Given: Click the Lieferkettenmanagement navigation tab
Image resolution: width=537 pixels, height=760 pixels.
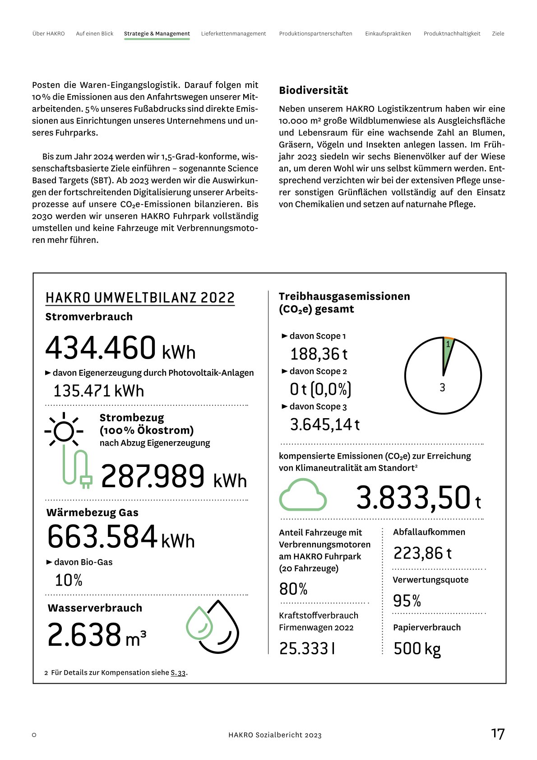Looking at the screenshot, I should click(233, 34).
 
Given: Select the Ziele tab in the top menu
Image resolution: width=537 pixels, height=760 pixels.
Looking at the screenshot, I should click(498, 34).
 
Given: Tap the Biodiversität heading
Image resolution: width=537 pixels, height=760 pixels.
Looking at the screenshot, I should click(313, 90).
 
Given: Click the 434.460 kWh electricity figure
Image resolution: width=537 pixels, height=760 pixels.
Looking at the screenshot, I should click(120, 349).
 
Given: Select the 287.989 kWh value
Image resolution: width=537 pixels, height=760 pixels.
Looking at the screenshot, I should click(173, 477).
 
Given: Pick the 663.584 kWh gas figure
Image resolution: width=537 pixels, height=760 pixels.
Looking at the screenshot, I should click(120, 537).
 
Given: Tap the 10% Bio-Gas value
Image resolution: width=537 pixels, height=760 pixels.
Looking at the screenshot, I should click(69, 580).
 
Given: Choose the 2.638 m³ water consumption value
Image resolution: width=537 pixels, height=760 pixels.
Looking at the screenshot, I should click(97, 635).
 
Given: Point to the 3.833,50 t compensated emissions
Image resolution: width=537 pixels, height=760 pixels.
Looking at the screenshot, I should click(418, 499).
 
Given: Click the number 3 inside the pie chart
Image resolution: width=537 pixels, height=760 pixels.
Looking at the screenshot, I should click(442, 387).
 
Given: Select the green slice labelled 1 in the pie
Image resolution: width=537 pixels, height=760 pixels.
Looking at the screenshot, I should click(447, 350).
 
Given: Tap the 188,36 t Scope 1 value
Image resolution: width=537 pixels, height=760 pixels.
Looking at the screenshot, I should click(319, 354).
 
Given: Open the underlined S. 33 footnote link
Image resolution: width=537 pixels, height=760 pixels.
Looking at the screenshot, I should click(178, 673).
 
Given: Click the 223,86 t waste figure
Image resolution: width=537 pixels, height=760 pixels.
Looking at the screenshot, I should click(422, 553).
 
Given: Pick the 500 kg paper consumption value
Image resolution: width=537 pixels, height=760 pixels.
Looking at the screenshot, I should click(417, 649).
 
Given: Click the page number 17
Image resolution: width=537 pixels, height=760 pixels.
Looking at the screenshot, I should click(498, 734).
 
